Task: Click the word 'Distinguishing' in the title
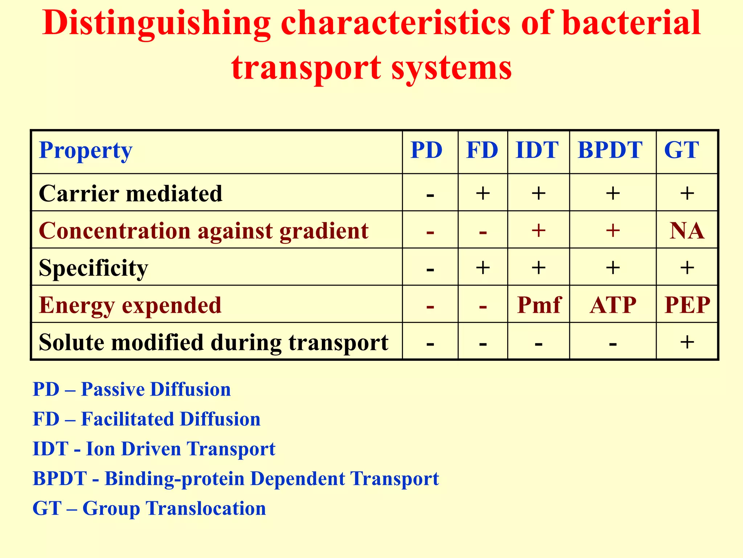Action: [156, 24]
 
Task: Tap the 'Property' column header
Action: [86, 150]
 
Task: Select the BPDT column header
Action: [610, 150]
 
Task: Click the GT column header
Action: [681, 150]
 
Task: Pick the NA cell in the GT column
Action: [687, 231]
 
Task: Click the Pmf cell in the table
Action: [539, 305]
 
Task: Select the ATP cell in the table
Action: [613, 305]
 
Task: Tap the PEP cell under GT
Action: [687, 305]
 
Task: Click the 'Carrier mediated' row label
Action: [130, 193]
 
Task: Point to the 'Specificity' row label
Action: [93, 268]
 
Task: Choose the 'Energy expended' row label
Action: [130, 305]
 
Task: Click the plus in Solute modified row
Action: [687, 342]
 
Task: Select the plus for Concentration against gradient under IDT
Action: [539, 230]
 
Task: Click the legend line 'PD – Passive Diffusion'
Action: [132, 389]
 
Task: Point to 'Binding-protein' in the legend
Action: [175, 479]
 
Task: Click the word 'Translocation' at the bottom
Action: [206, 508]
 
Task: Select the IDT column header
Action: [537, 150]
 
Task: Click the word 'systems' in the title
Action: [451, 68]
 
